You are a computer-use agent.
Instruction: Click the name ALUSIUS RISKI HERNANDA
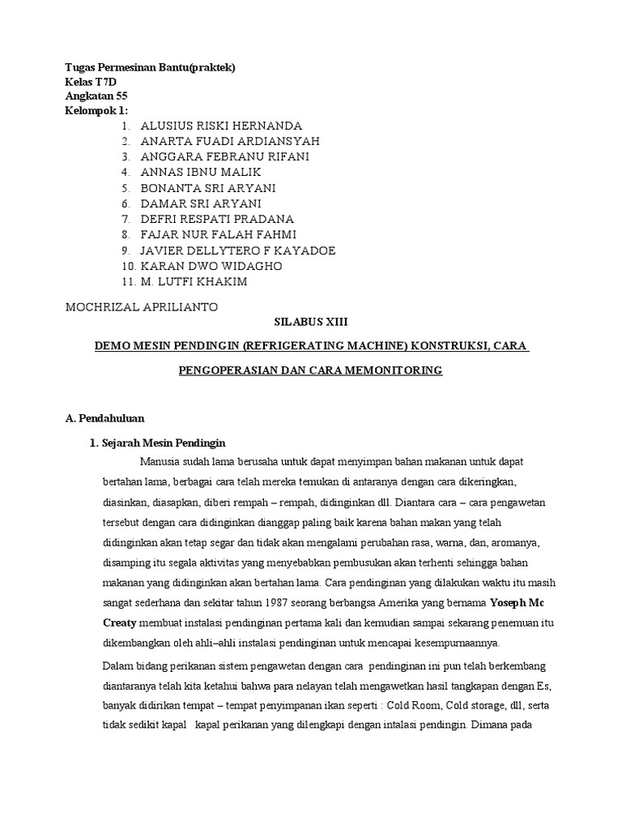pyautogui.click(x=221, y=126)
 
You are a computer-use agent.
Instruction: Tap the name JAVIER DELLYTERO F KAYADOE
pyautogui.click(x=238, y=250)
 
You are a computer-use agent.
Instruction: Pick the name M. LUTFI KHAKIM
pyautogui.click(x=194, y=280)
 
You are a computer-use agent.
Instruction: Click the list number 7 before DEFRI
pyautogui.click(x=126, y=219)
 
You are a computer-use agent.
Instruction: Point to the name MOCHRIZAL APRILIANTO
pyautogui.click(x=142, y=307)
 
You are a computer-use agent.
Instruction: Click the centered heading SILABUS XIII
pyautogui.click(x=311, y=322)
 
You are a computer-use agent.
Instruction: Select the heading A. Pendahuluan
pyautogui.click(x=104, y=418)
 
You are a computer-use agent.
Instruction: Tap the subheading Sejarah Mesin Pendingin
pyautogui.click(x=163, y=443)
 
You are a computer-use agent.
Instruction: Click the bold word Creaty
pyautogui.click(x=120, y=623)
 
